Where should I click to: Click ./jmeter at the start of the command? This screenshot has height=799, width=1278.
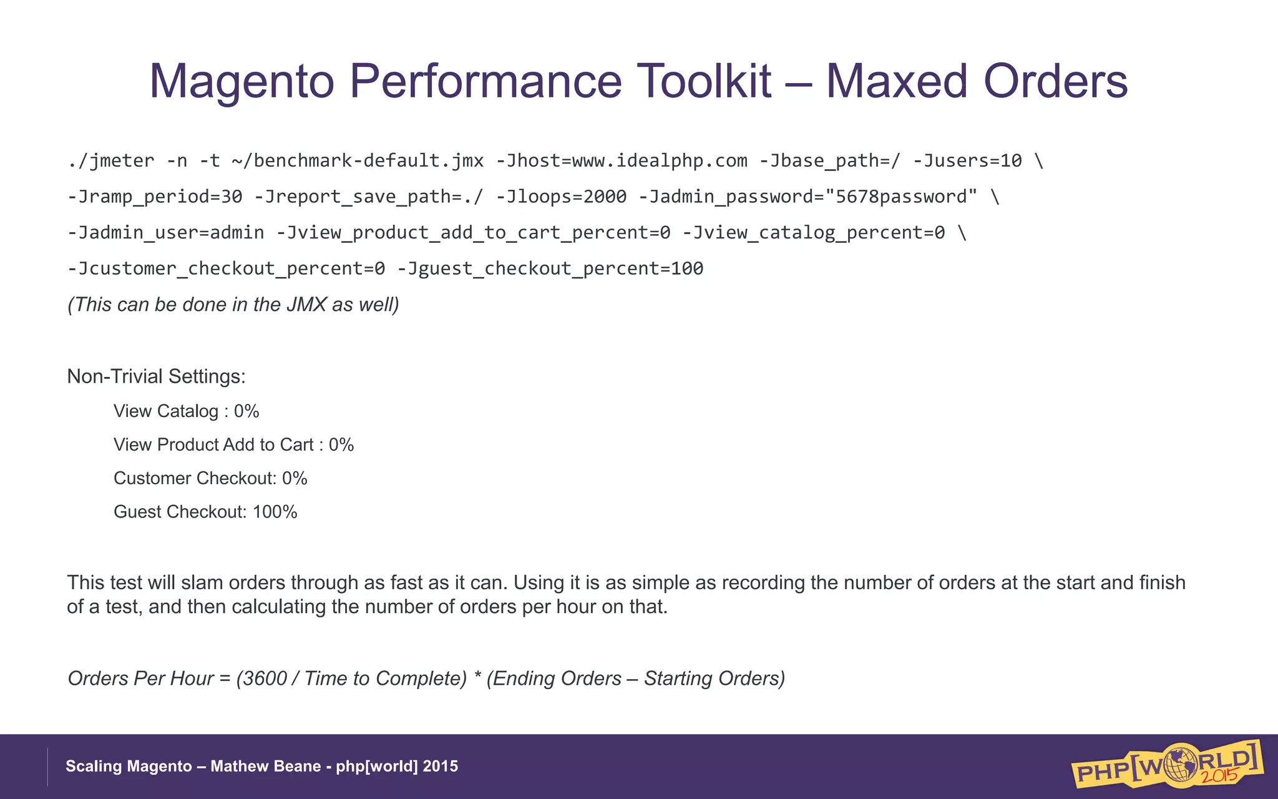click(x=110, y=161)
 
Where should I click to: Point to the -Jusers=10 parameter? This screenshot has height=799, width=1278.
click(x=967, y=161)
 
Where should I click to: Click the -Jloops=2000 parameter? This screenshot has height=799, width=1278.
click(x=561, y=197)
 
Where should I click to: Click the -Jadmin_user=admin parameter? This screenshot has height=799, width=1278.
click(x=166, y=233)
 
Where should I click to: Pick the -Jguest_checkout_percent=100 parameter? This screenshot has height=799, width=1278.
click(x=550, y=269)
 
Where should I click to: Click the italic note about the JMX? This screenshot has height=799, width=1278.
click(x=233, y=305)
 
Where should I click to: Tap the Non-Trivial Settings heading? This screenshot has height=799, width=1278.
click(x=156, y=376)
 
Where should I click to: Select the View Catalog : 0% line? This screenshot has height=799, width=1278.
click(x=186, y=411)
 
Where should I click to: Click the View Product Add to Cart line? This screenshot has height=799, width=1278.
click(x=233, y=445)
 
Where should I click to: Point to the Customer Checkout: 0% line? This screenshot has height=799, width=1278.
click(x=210, y=479)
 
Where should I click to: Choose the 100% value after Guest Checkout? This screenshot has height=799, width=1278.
click(x=275, y=512)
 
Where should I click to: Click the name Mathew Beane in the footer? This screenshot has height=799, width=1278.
click(x=265, y=767)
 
